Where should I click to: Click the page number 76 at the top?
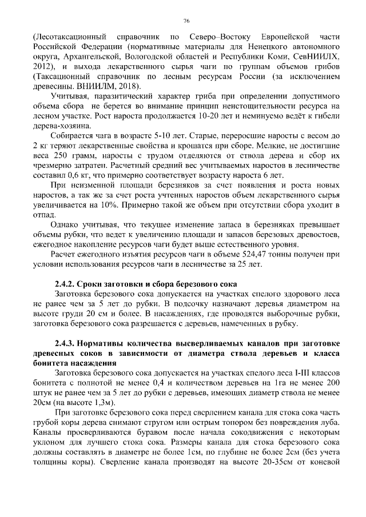(186, 21)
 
